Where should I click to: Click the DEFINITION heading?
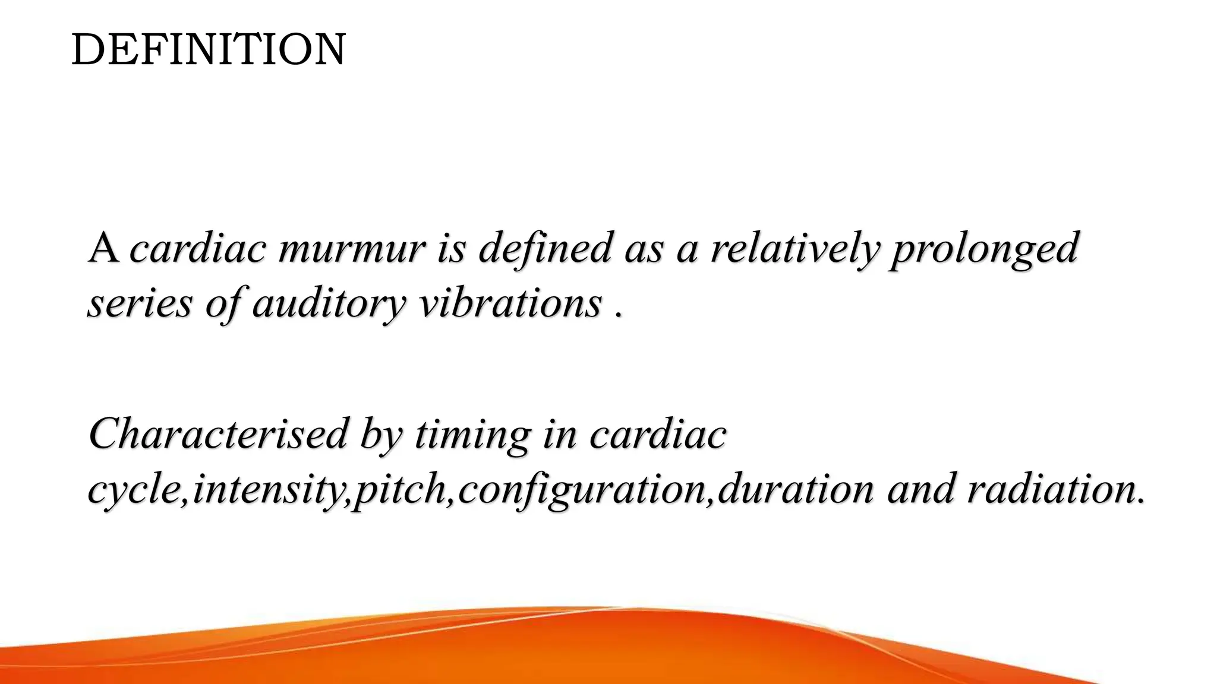[208, 50]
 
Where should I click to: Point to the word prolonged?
[983, 249]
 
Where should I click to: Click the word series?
[140, 304]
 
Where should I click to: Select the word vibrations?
[510, 304]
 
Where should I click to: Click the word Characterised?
[217, 433]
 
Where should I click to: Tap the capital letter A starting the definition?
[104, 248]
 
